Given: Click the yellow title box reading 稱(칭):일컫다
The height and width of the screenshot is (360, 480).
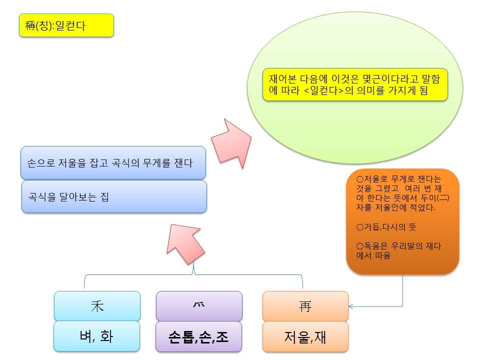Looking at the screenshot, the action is pos(66,25).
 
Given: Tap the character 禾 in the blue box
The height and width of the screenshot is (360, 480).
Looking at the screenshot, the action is pos(97,306).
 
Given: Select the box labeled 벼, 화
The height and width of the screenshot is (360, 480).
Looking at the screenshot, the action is pos(96,336).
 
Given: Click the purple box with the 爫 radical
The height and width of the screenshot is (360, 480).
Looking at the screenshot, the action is pos(199,306).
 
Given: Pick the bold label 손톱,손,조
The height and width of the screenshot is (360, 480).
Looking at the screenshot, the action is pos(198,337).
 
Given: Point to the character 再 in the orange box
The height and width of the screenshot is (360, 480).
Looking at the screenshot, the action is pos(305,306).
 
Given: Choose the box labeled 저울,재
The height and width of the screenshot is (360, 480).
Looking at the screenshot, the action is pos(305,336).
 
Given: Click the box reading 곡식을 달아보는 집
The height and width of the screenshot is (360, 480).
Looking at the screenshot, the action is pos(114,197).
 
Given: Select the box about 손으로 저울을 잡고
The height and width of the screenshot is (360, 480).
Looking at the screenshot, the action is pos(113,163).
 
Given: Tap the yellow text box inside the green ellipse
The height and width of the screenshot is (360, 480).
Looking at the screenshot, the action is pos(355,84).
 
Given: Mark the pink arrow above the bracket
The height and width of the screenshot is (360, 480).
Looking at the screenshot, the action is pos(185,244).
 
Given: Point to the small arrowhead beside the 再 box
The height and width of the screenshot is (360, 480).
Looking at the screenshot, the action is pos(351,306).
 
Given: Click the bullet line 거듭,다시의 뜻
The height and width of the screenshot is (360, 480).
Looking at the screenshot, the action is pos(386,227).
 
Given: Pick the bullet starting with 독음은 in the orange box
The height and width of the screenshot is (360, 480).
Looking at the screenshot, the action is pos(398,250).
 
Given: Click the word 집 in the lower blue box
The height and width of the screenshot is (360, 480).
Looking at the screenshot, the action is pos(105,197).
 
